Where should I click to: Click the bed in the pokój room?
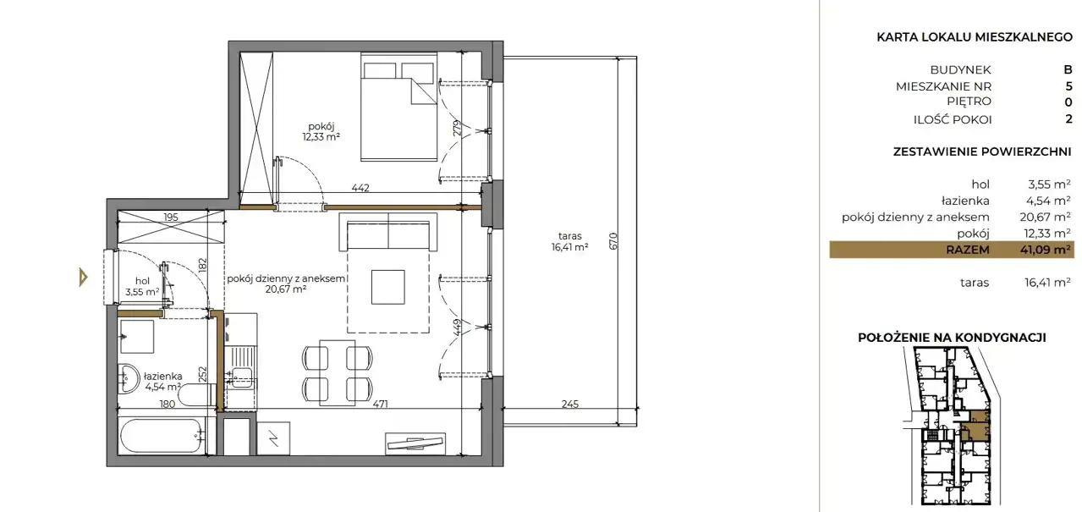(399, 107)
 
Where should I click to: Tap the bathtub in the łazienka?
(161, 436)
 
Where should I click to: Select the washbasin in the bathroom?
(129, 378)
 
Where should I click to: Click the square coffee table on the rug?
(387, 287)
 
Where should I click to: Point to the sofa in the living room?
(387, 232)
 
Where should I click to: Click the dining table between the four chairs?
(338, 372)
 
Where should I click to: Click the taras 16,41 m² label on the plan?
(570, 241)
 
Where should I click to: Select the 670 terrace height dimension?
(613, 241)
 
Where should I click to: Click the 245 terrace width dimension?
(570, 404)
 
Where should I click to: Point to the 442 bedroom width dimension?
(360, 187)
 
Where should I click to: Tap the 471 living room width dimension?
(380, 404)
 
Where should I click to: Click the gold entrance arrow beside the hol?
(84, 278)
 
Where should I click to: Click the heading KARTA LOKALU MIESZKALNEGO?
(975, 38)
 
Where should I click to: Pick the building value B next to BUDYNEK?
(1068, 69)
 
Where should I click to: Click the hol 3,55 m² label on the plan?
(142, 286)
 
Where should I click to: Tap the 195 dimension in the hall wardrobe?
(171, 217)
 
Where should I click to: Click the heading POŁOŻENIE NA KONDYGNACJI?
(952, 338)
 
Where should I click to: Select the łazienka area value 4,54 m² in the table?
(1049, 201)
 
